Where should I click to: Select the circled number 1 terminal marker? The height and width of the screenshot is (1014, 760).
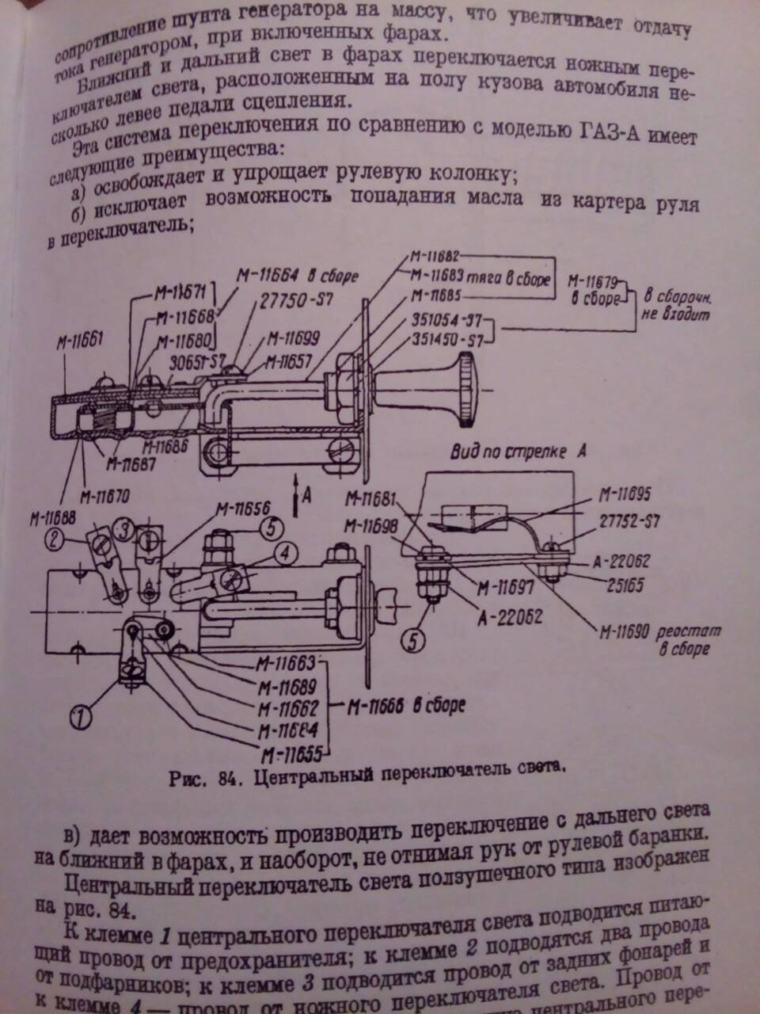(x=81, y=718)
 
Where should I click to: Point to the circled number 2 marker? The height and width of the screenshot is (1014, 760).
(x=55, y=541)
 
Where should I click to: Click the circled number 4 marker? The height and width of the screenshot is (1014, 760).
(x=287, y=551)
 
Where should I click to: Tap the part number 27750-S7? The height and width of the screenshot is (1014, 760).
(x=288, y=302)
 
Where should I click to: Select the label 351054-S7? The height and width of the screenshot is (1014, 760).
(x=447, y=322)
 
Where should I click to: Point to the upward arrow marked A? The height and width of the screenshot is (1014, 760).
(x=294, y=492)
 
